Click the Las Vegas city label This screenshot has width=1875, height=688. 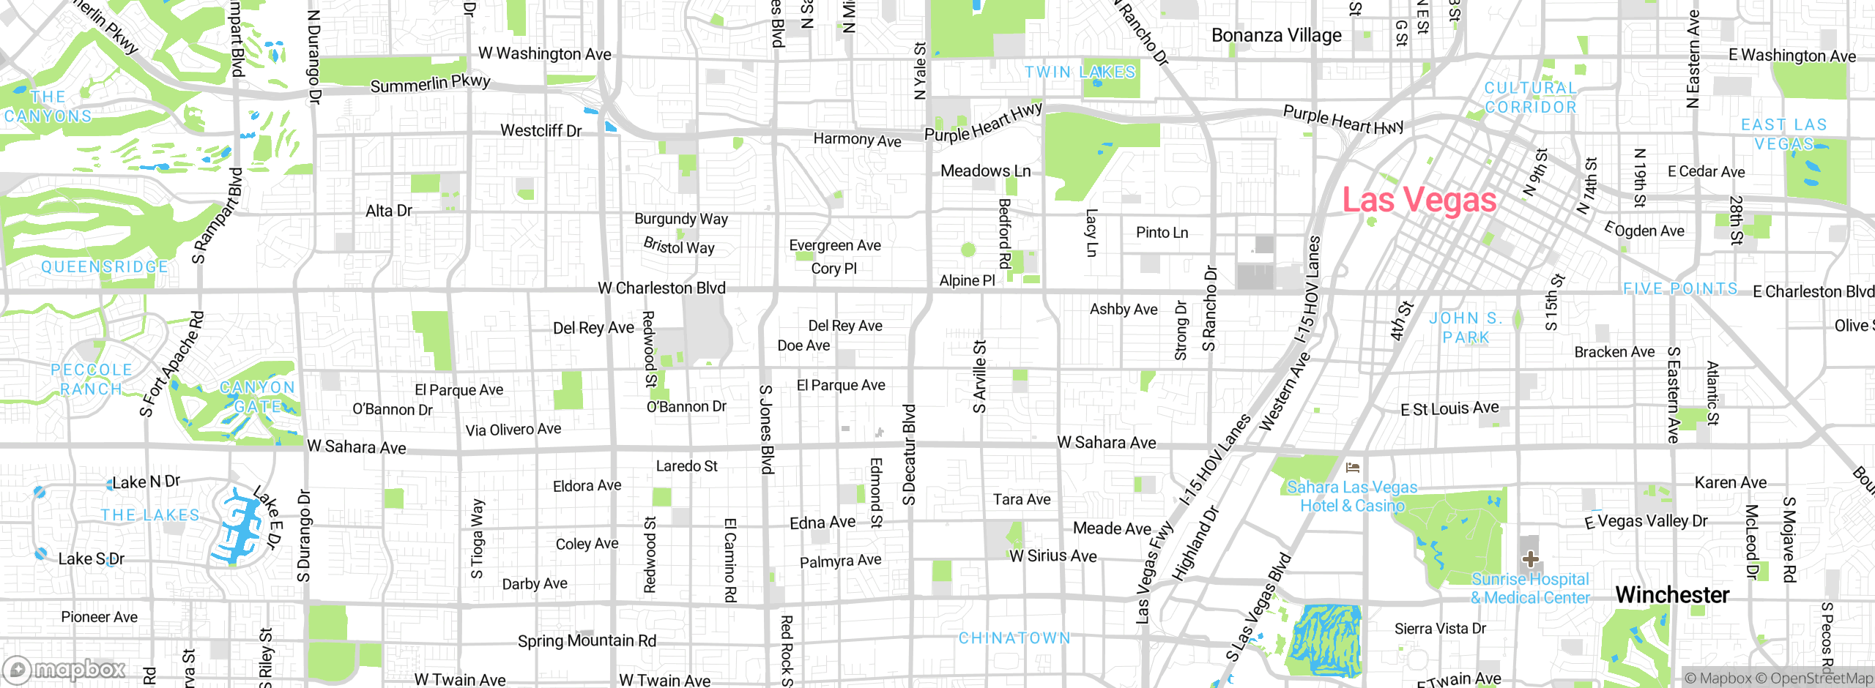1419,200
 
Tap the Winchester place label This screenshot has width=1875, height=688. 1672,594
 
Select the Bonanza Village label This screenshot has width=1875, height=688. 1276,35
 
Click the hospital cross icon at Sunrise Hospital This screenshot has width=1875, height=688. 1530,560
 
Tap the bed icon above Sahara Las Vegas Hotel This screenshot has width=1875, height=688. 1353,467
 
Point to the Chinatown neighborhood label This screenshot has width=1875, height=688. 1014,638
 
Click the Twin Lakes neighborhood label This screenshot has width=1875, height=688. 1080,72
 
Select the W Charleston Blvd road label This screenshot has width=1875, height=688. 661,288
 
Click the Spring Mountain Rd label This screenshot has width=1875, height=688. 587,640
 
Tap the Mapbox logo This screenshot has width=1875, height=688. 64,669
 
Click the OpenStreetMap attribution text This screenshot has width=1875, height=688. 1821,678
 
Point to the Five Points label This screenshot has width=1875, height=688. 1680,288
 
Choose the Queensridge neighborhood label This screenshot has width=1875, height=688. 104,266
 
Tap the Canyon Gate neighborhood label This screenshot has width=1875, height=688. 257,396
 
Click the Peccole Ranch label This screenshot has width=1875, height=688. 92,379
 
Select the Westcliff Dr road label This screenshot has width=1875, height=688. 541,130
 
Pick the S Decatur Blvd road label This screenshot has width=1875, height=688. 909,455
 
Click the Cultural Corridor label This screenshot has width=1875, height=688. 1530,97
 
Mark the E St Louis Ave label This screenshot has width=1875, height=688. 1449,408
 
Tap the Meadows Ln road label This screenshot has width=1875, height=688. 985,171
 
